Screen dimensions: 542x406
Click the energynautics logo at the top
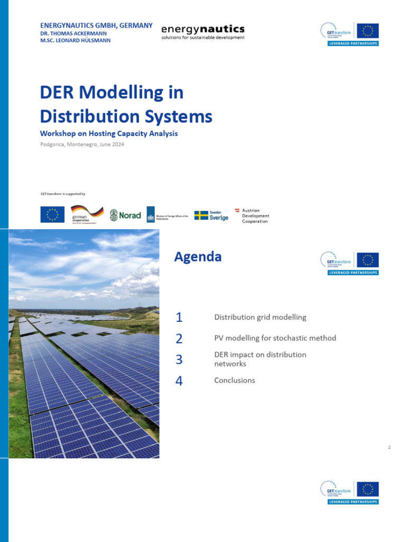pyautogui.click(x=202, y=31)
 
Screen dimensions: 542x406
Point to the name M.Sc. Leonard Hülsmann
pyautogui.click(x=76, y=40)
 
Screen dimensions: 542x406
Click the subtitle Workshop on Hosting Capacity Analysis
pyautogui.click(x=109, y=133)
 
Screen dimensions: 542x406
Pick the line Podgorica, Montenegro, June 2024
pyautogui.click(x=82, y=144)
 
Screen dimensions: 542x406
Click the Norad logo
pyautogui.click(x=125, y=214)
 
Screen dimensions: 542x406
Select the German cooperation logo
pyautogui.click(x=87, y=214)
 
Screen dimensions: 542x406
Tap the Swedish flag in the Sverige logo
pyautogui.click(x=201, y=215)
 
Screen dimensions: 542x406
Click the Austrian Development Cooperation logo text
pyautogui.click(x=255, y=216)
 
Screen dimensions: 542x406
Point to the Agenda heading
pyautogui.click(x=198, y=257)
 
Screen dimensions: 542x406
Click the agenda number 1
pyautogui.click(x=179, y=318)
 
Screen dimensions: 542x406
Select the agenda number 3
pyautogui.click(x=179, y=359)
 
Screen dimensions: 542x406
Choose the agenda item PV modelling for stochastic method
pyautogui.click(x=275, y=338)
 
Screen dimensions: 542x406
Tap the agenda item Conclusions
pyautogui.click(x=234, y=380)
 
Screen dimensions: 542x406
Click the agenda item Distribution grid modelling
pyautogui.click(x=260, y=318)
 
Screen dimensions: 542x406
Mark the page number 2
pyautogui.click(x=389, y=448)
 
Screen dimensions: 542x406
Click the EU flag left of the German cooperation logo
pyautogui.click(x=52, y=214)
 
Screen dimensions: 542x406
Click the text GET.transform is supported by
pyautogui.click(x=63, y=194)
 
